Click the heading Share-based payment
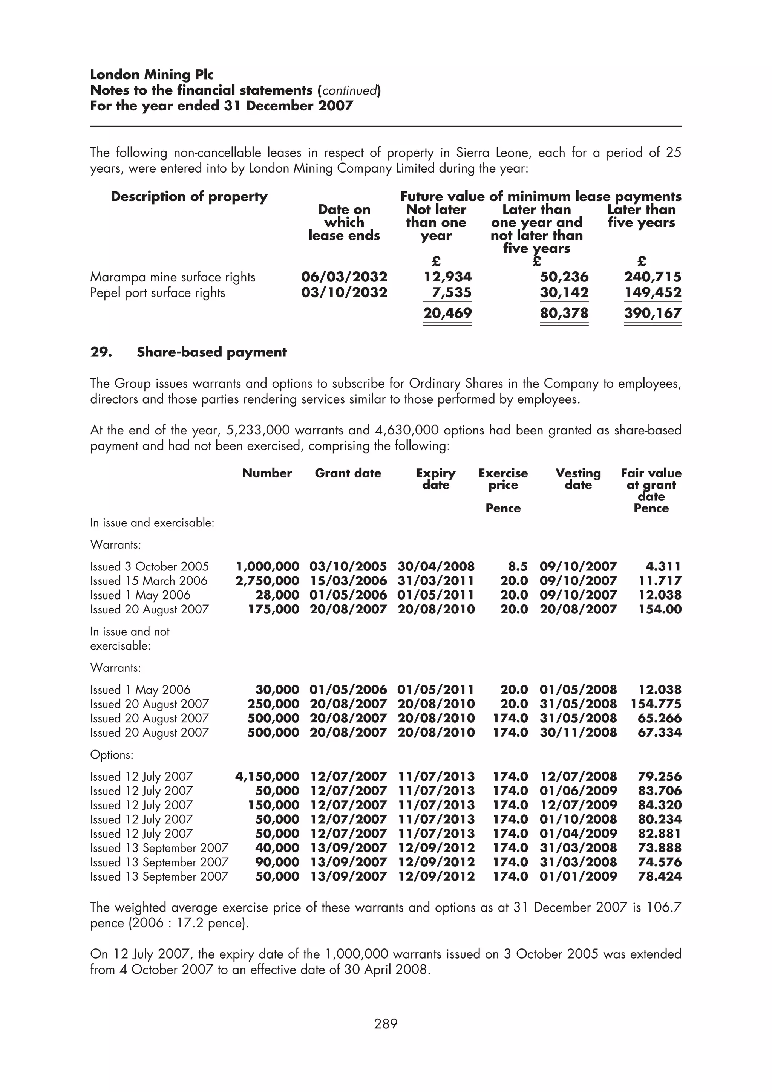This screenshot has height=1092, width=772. (212, 352)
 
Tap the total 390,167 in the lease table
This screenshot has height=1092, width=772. (652, 313)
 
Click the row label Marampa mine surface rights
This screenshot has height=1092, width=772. (173, 277)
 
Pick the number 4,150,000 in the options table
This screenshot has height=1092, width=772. (267, 777)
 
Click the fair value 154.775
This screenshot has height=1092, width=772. (656, 704)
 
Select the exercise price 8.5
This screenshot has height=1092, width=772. (518, 566)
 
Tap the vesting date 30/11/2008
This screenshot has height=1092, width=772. (578, 733)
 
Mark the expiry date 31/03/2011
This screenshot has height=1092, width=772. (436, 581)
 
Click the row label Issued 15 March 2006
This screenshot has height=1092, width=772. (149, 581)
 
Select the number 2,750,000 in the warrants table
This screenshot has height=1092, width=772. (267, 581)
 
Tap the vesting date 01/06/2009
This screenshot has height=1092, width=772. (578, 791)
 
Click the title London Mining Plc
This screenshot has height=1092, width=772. (152, 75)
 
